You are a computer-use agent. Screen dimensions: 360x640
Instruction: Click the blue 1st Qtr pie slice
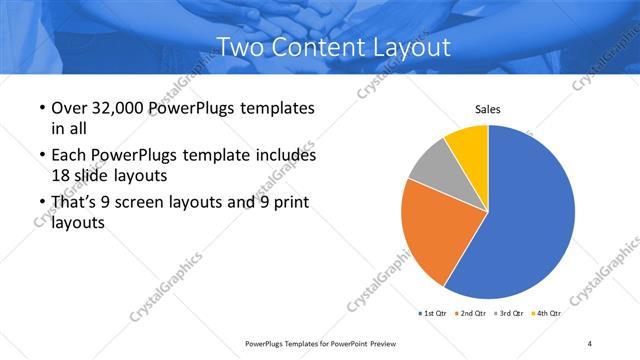[x=530, y=220]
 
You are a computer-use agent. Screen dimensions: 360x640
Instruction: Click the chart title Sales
[x=487, y=109]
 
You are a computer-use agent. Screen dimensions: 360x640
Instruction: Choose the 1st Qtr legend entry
[x=433, y=313]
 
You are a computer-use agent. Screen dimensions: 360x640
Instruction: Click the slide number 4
[x=590, y=343]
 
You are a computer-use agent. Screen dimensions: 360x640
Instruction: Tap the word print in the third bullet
[x=288, y=203]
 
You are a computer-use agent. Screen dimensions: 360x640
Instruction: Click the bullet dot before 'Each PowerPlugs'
[x=40, y=157]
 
